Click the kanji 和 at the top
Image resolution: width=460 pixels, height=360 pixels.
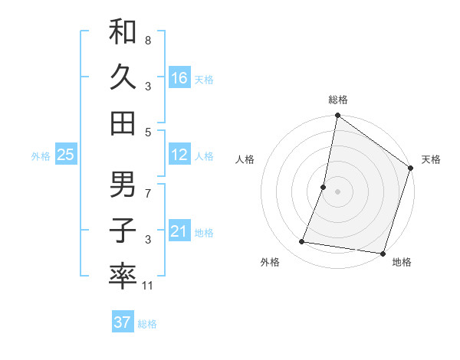pos(123,33)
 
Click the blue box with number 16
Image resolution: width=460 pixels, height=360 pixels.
pos(179,78)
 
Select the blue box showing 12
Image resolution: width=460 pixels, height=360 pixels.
pos(179,155)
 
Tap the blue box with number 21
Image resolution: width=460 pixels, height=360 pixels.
pos(179,231)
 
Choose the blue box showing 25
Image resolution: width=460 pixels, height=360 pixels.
pos(65,155)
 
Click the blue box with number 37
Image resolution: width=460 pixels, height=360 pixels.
pos(122,322)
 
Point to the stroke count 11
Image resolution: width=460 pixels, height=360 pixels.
pos(148,286)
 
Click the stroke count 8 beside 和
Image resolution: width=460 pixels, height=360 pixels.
pos(148,40)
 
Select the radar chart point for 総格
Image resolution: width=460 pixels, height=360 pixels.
pos(337,116)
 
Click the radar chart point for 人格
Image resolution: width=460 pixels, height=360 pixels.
pos(324,187)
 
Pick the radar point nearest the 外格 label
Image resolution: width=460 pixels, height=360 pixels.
pos(302,242)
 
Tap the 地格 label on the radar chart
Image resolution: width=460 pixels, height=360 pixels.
pos(401,262)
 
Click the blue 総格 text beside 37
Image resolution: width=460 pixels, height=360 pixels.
pos(147,324)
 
